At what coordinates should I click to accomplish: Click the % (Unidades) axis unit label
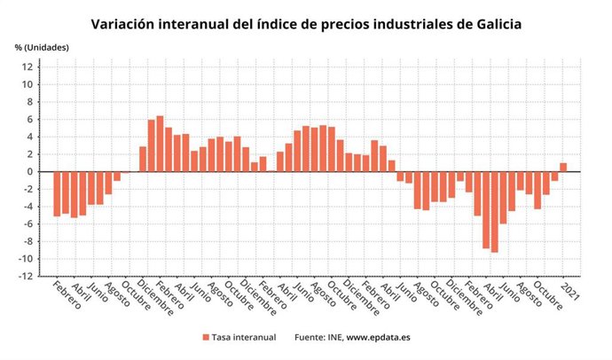(42, 46)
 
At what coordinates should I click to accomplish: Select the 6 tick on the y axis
(31, 120)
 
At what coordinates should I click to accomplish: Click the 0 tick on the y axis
(31, 172)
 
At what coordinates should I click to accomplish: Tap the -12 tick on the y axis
(27, 277)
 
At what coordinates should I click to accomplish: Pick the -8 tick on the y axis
(28, 242)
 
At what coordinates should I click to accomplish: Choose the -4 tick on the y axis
(28, 207)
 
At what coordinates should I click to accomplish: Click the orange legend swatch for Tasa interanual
(206, 337)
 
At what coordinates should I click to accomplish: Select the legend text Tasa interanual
(244, 337)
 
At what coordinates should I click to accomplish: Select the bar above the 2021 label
(563, 168)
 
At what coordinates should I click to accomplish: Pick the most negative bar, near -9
(494, 212)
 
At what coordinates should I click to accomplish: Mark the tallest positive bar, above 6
(160, 144)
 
